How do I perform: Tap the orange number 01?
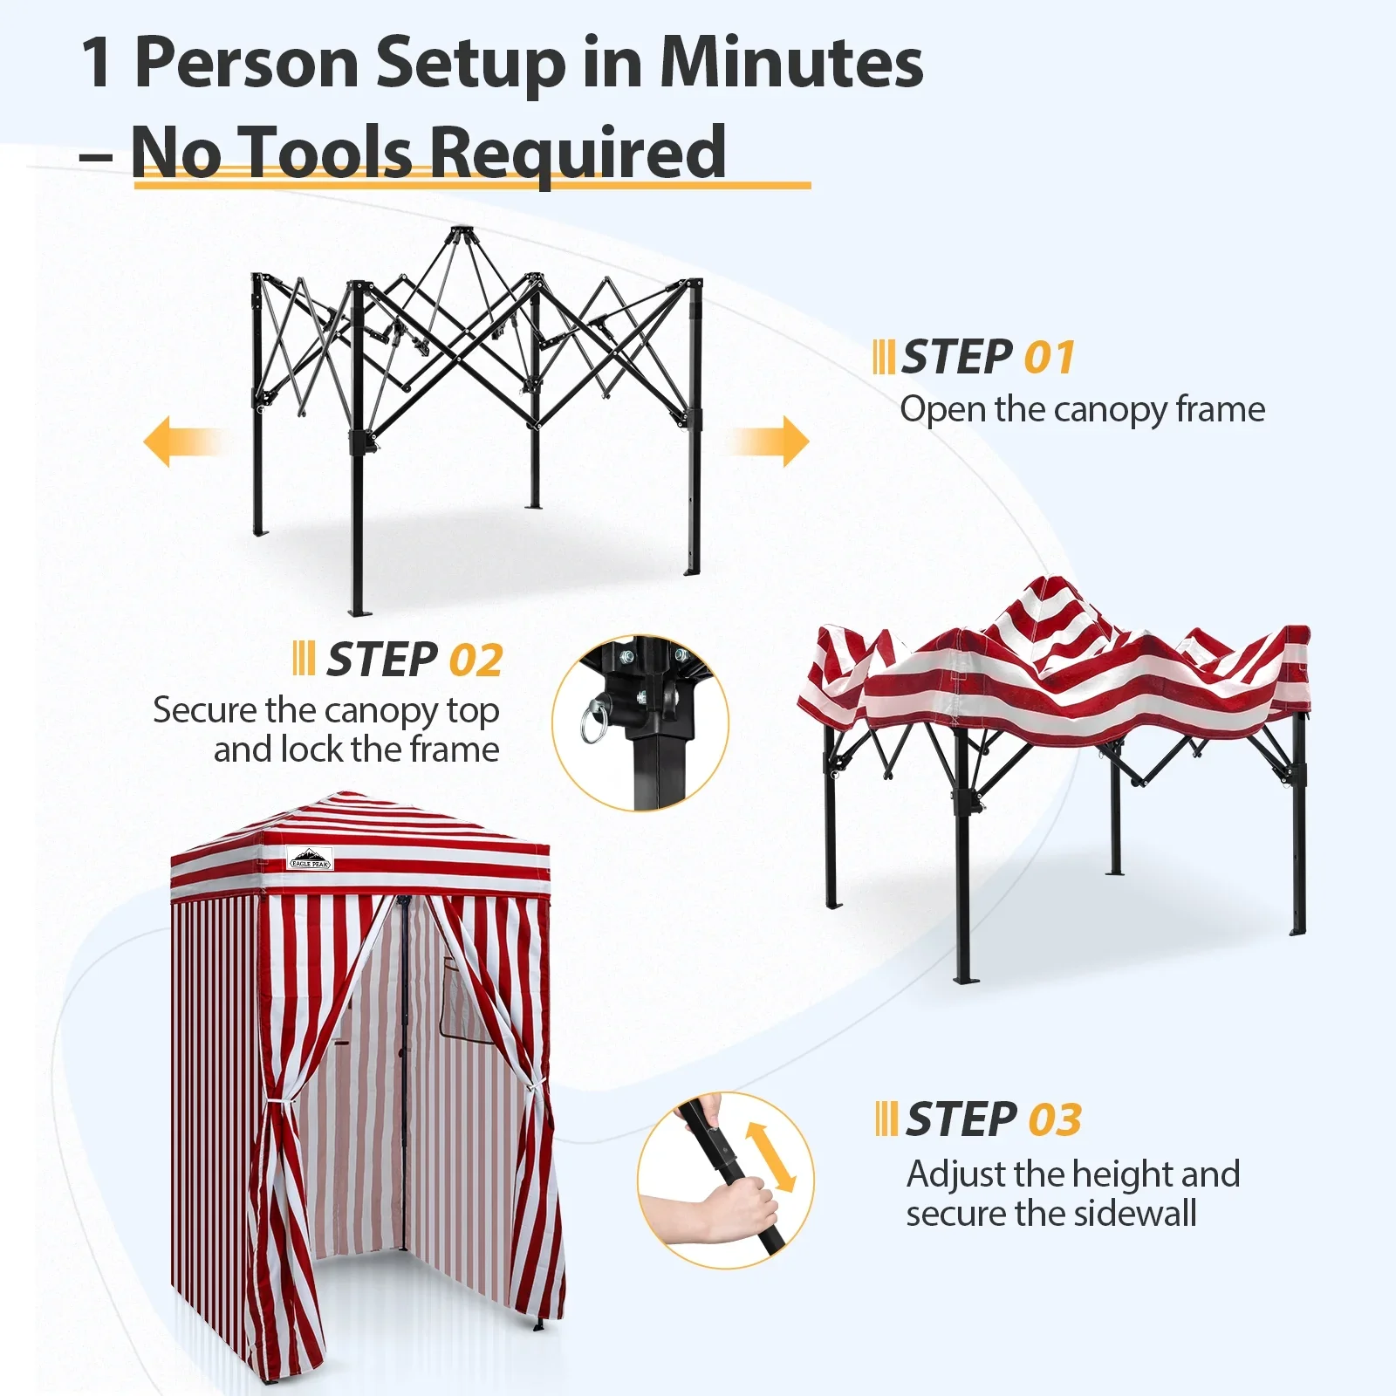[1049, 358]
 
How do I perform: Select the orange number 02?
[476, 660]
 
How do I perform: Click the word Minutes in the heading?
[790, 63]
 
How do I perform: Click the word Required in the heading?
[577, 154]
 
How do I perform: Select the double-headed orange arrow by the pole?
[770, 1157]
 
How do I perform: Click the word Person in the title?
[247, 63]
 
